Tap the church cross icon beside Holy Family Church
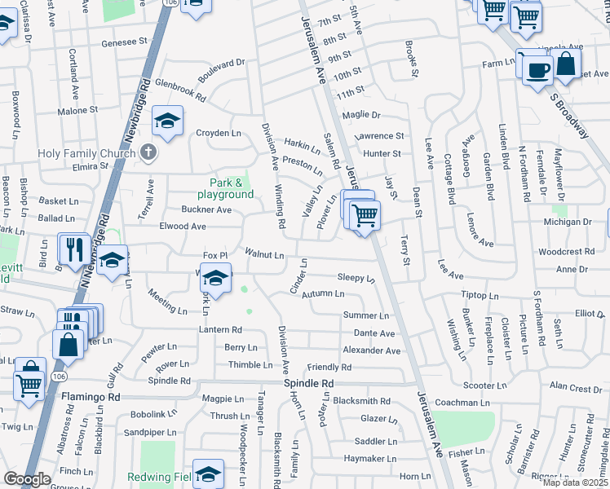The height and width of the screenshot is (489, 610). tap(148, 152)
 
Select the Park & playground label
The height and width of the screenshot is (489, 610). tap(225, 188)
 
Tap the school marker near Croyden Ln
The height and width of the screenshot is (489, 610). tap(167, 122)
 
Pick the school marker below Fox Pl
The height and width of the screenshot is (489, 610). tap(215, 279)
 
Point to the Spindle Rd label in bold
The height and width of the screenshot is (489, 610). tap(309, 383)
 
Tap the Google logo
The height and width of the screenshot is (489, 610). tap(27, 478)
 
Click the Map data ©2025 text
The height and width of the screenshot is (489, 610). tap(575, 482)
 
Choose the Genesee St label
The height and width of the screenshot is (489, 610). tap(124, 41)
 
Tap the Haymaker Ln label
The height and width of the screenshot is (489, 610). tap(369, 459)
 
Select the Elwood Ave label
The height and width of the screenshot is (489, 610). tap(183, 226)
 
